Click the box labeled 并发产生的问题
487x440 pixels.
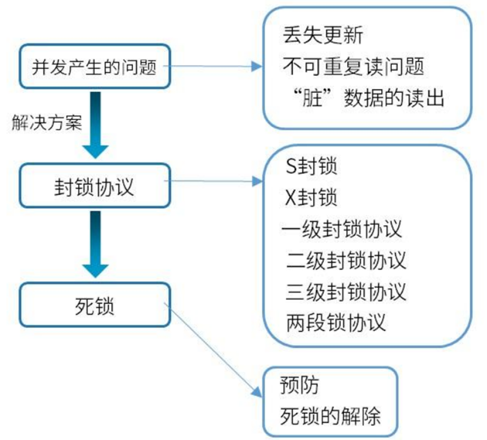94,67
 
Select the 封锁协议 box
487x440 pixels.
94,186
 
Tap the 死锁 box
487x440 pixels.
94,305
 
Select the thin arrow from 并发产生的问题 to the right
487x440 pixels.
214,67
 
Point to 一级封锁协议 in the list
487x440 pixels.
341,230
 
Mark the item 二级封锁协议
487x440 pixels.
346,261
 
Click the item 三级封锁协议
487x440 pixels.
346,292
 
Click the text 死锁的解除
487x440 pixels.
330,416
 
